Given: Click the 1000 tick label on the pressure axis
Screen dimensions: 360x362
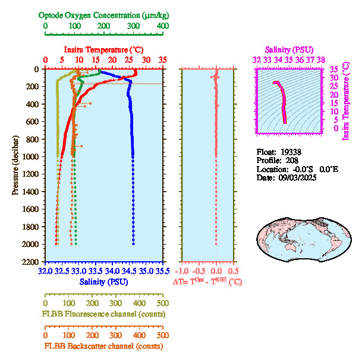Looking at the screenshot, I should point(32,156).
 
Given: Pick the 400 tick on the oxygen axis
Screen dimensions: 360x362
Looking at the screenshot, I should point(162,26).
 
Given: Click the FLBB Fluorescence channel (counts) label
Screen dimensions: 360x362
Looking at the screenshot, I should point(103,314).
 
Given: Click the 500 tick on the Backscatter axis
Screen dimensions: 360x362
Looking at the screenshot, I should point(162,335).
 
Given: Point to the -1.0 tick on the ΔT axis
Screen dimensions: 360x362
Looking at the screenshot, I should point(183,271).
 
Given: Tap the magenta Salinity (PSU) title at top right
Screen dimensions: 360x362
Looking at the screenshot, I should point(288,49).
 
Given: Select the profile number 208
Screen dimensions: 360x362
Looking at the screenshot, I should point(291,161).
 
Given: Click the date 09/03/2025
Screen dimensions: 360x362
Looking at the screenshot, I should point(295,178).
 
